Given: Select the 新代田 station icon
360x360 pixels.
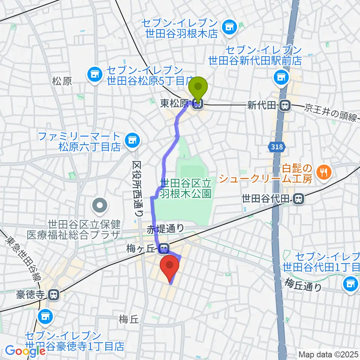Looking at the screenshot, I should click(285, 106).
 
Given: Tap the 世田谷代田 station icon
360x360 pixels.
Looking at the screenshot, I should click(298, 198).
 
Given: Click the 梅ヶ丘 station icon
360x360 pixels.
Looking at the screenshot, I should click(163, 248).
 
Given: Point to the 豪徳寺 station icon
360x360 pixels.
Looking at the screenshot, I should click(54, 295).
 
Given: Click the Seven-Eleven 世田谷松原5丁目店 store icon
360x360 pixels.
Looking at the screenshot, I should click(94, 74).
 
